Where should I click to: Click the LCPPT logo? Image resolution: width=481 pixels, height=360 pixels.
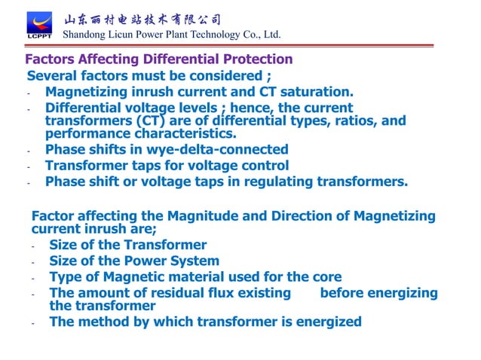[x=39, y=26]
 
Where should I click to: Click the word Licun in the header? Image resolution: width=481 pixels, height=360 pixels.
[x=132, y=35]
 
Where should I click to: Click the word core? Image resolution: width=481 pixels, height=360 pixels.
[x=326, y=277]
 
